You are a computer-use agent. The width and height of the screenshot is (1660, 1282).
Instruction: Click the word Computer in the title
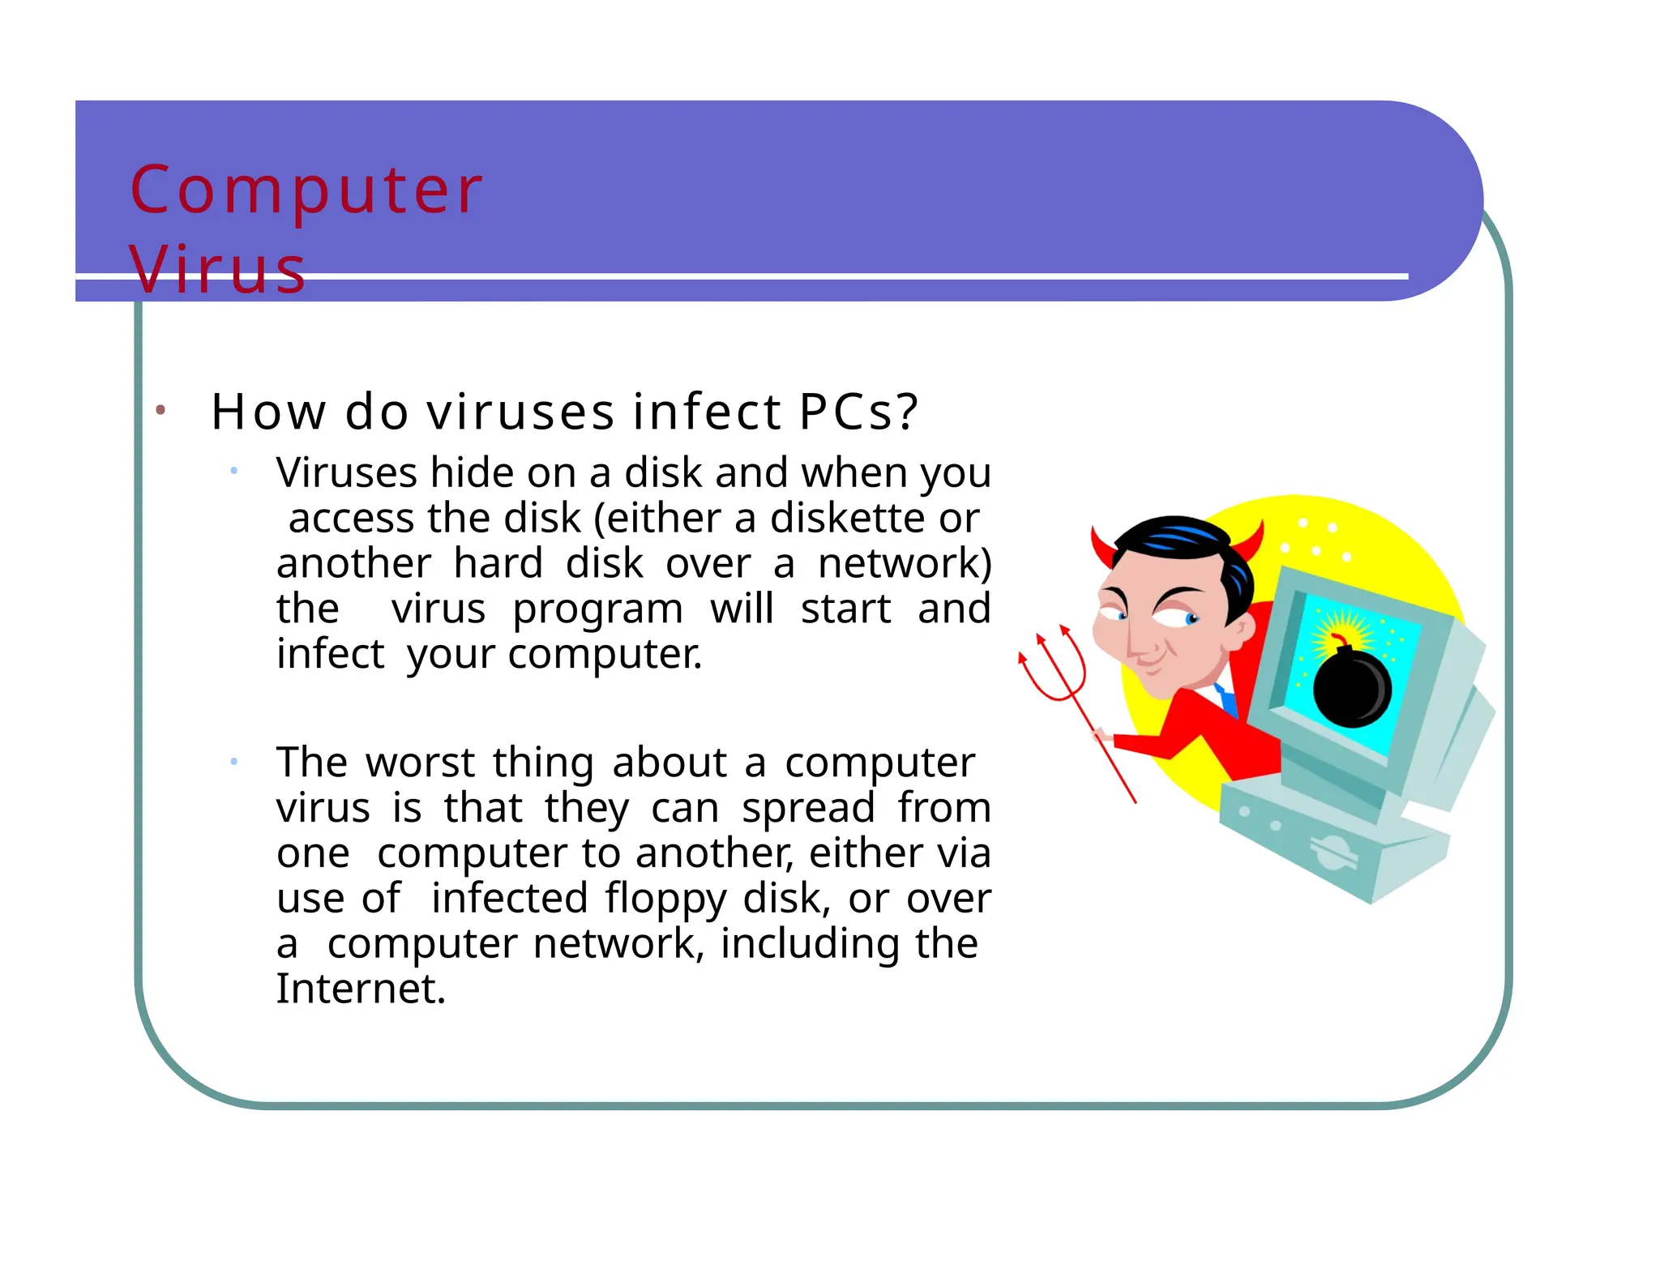click(x=306, y=191)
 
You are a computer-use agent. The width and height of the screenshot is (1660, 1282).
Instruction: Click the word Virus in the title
click(x=217, y=269)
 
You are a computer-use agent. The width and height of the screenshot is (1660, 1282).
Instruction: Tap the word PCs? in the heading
click(x=858, y=412)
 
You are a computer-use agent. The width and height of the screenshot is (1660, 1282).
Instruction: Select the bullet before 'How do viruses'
click(x=160, y=411)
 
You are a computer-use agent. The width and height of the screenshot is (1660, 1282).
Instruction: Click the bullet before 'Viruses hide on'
click(x=233, y=471)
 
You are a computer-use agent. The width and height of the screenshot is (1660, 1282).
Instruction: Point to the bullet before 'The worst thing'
click(x=233, y=761)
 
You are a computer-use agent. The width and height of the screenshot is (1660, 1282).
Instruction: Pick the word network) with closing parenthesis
click(x=904, y=563)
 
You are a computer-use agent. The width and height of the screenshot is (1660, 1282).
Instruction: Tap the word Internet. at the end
click(x=361, y=989)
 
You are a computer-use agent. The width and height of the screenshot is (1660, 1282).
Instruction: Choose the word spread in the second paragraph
click(x=807, y=808)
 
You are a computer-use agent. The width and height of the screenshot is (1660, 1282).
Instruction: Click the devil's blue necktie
click(x=1226, y=699)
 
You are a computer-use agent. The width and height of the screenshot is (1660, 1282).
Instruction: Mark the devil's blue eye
click(x=1191, y=620)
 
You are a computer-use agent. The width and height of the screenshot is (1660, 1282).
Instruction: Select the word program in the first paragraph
click(x=597, y=609)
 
